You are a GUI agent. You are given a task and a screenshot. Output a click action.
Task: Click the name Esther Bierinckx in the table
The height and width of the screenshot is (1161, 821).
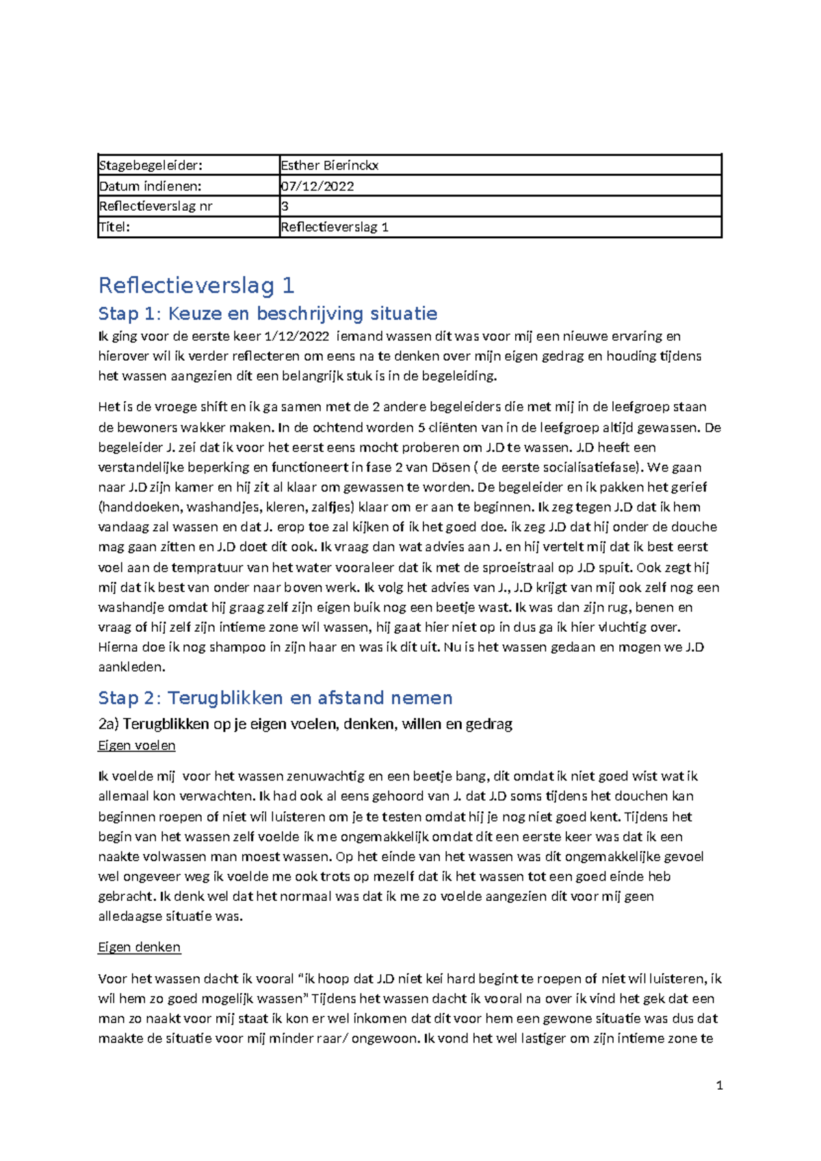click(329, 165)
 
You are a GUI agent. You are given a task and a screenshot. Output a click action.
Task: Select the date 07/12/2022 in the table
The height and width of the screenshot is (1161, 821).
click(317, 186)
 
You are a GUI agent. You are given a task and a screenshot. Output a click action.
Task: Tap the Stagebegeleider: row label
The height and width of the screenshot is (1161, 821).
click(151, 165)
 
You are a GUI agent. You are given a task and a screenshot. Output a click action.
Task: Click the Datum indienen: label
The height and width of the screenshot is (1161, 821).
click(150, 186)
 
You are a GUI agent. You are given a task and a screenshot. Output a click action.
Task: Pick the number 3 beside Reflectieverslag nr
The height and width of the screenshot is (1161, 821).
click(285, 207)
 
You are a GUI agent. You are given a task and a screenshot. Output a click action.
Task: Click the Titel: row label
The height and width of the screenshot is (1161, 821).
click(114, 227)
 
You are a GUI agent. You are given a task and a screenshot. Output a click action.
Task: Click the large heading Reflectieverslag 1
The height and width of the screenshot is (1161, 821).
click(196, 285)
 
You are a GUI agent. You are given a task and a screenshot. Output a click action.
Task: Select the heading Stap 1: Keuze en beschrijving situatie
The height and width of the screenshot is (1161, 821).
click(268, 314)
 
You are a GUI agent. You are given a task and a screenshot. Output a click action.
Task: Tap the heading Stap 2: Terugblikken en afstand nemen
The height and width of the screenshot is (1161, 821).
click(275, 698)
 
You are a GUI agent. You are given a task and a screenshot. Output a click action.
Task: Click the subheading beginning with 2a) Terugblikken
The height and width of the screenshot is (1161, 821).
click(305, 724)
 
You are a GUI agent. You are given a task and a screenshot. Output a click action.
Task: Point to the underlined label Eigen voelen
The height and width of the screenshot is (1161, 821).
click(137, 745)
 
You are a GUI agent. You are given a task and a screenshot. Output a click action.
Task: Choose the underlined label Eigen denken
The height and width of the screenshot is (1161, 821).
click(139, 947)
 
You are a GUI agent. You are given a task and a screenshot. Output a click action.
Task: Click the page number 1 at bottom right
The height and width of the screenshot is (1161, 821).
click(719, 1086)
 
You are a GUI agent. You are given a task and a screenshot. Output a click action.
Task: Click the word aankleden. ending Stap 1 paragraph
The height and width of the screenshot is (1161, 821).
click(131, 667)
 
